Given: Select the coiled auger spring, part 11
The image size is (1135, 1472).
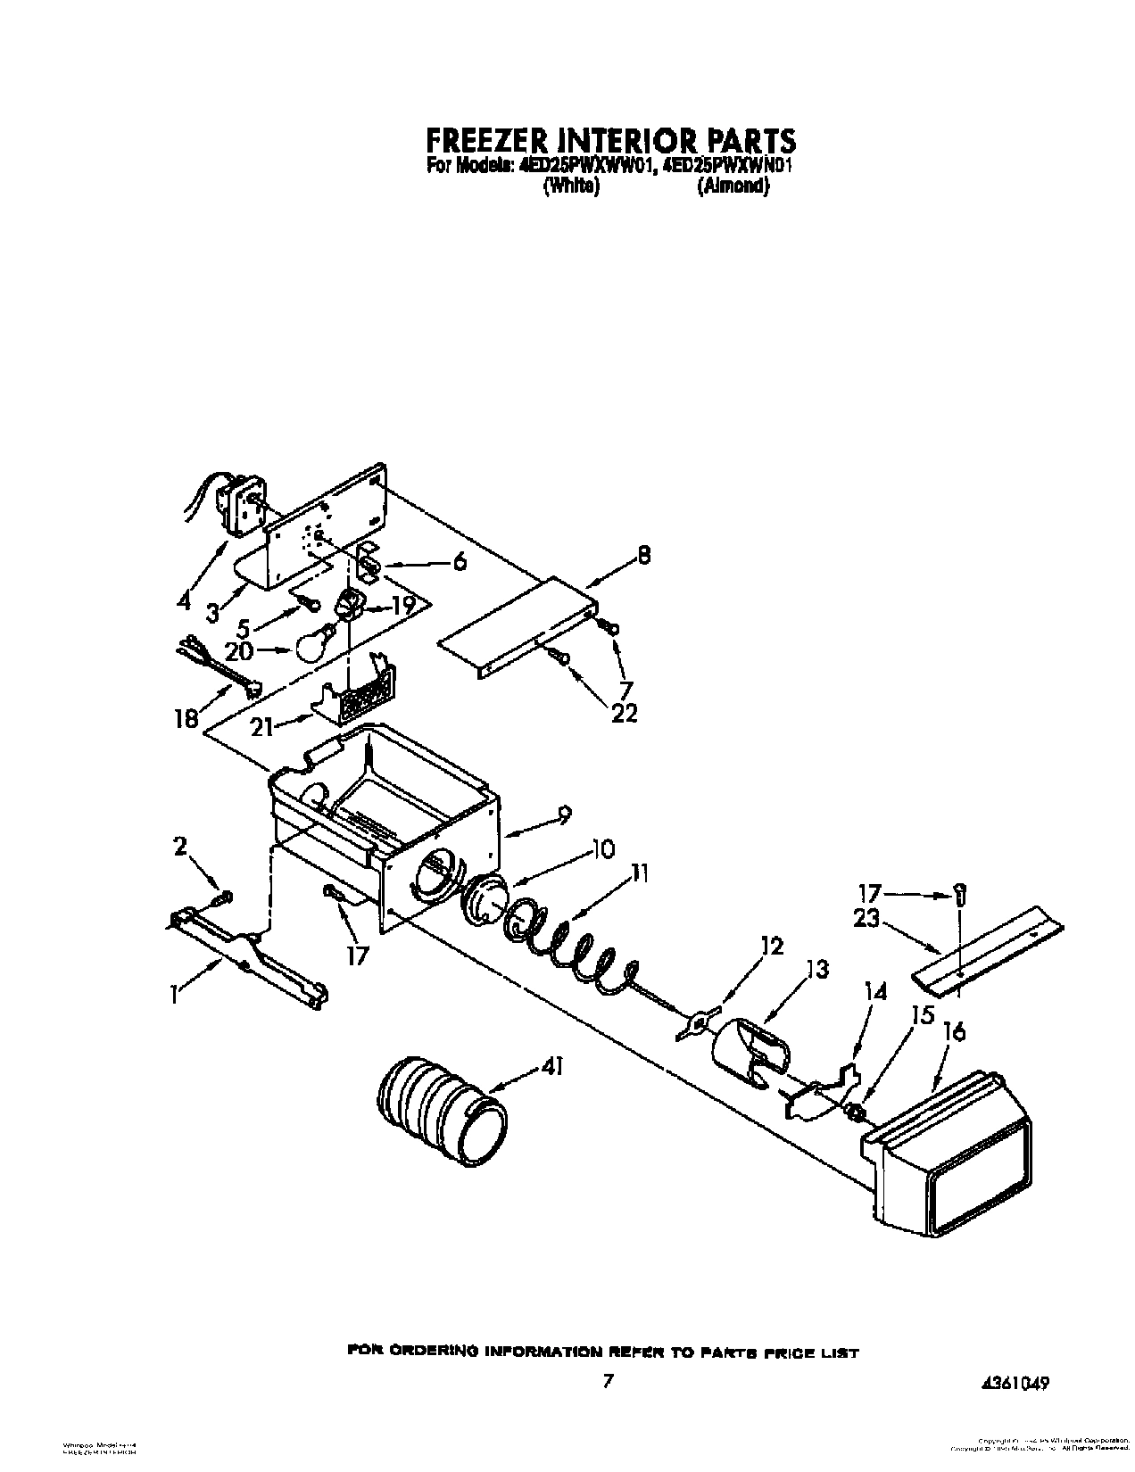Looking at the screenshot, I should tap(571, 951).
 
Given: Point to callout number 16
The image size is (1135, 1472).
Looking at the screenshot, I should tap(954, 1032).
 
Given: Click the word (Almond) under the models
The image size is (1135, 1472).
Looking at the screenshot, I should tap(733, 186).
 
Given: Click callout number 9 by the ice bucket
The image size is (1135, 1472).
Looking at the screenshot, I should tap(564, 815).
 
